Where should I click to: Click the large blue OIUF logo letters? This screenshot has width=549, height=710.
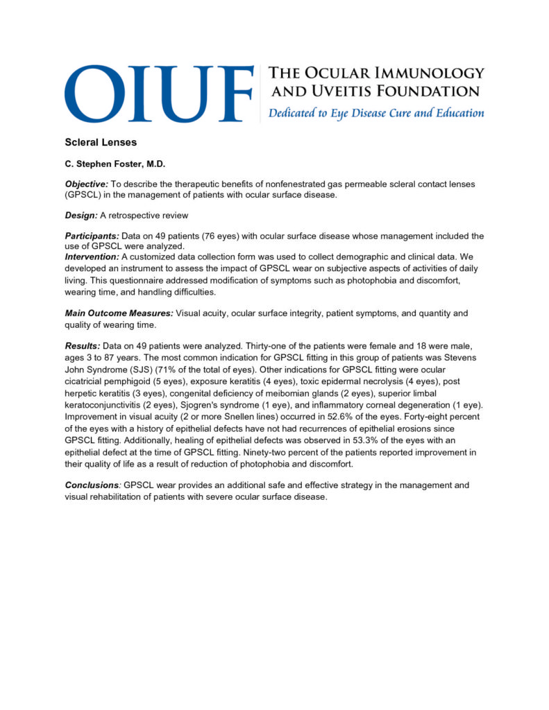pyautogui.click(x=159, y=94)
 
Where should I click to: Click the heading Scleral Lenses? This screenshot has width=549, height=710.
pyautogui.click(x=101, y=142)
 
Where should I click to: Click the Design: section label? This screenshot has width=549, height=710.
pyautogui.click(x=82, y=215)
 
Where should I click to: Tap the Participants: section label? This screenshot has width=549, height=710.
pyautogui.click(x=93, y=236)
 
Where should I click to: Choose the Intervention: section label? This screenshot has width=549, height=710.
pyautogui.click(x=93, y=257)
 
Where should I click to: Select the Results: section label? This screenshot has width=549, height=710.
pyautogui.click(x=83, y=345)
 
